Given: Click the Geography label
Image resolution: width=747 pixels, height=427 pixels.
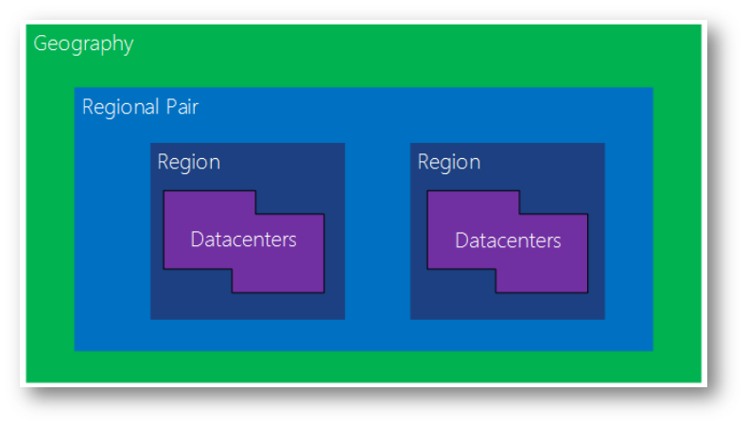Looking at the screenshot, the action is [x=83, y=44].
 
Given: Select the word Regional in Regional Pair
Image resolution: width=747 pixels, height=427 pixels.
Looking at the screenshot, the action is [x=120, y=107].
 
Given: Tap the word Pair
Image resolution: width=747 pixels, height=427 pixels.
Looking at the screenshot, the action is [x=182, y=107].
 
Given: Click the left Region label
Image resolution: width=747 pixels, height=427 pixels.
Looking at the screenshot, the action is [x=189, y=163].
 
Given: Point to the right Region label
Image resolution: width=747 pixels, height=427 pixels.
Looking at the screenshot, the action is [x=449, y=163].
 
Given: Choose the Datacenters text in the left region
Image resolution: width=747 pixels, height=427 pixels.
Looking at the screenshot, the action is [x=243, y=240].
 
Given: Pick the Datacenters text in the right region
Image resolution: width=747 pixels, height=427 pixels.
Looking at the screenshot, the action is [x=508, y=240].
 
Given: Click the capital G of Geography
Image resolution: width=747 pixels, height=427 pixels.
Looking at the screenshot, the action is [x=41, y=43].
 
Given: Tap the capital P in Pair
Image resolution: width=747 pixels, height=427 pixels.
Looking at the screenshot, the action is [x=171, y=107].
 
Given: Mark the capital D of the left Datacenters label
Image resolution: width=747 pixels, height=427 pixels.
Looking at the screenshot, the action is [x=198, y=240].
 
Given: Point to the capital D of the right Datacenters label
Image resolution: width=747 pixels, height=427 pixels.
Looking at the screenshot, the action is [x=462, y=240].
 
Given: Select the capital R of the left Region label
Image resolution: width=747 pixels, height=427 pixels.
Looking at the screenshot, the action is [x=164, y=162].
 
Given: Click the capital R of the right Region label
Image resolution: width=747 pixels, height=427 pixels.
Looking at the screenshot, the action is [x=424, y=162].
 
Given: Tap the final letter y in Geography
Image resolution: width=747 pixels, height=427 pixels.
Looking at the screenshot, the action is [x=129, y=46].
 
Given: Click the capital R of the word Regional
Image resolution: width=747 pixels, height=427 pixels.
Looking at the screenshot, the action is [x=88, y=107].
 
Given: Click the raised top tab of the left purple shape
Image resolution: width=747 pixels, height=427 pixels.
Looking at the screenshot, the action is [x=210, y=203].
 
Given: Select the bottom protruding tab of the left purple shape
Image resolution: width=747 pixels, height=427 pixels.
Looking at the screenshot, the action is [x=278, y=281].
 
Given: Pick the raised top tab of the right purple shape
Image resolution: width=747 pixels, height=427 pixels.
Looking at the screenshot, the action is [x=474, y=203].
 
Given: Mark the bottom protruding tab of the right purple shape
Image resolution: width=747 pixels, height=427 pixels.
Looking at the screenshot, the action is [x=542, y=281].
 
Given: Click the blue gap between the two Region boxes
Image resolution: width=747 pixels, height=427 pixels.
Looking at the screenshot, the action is [x=378, y=231].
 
